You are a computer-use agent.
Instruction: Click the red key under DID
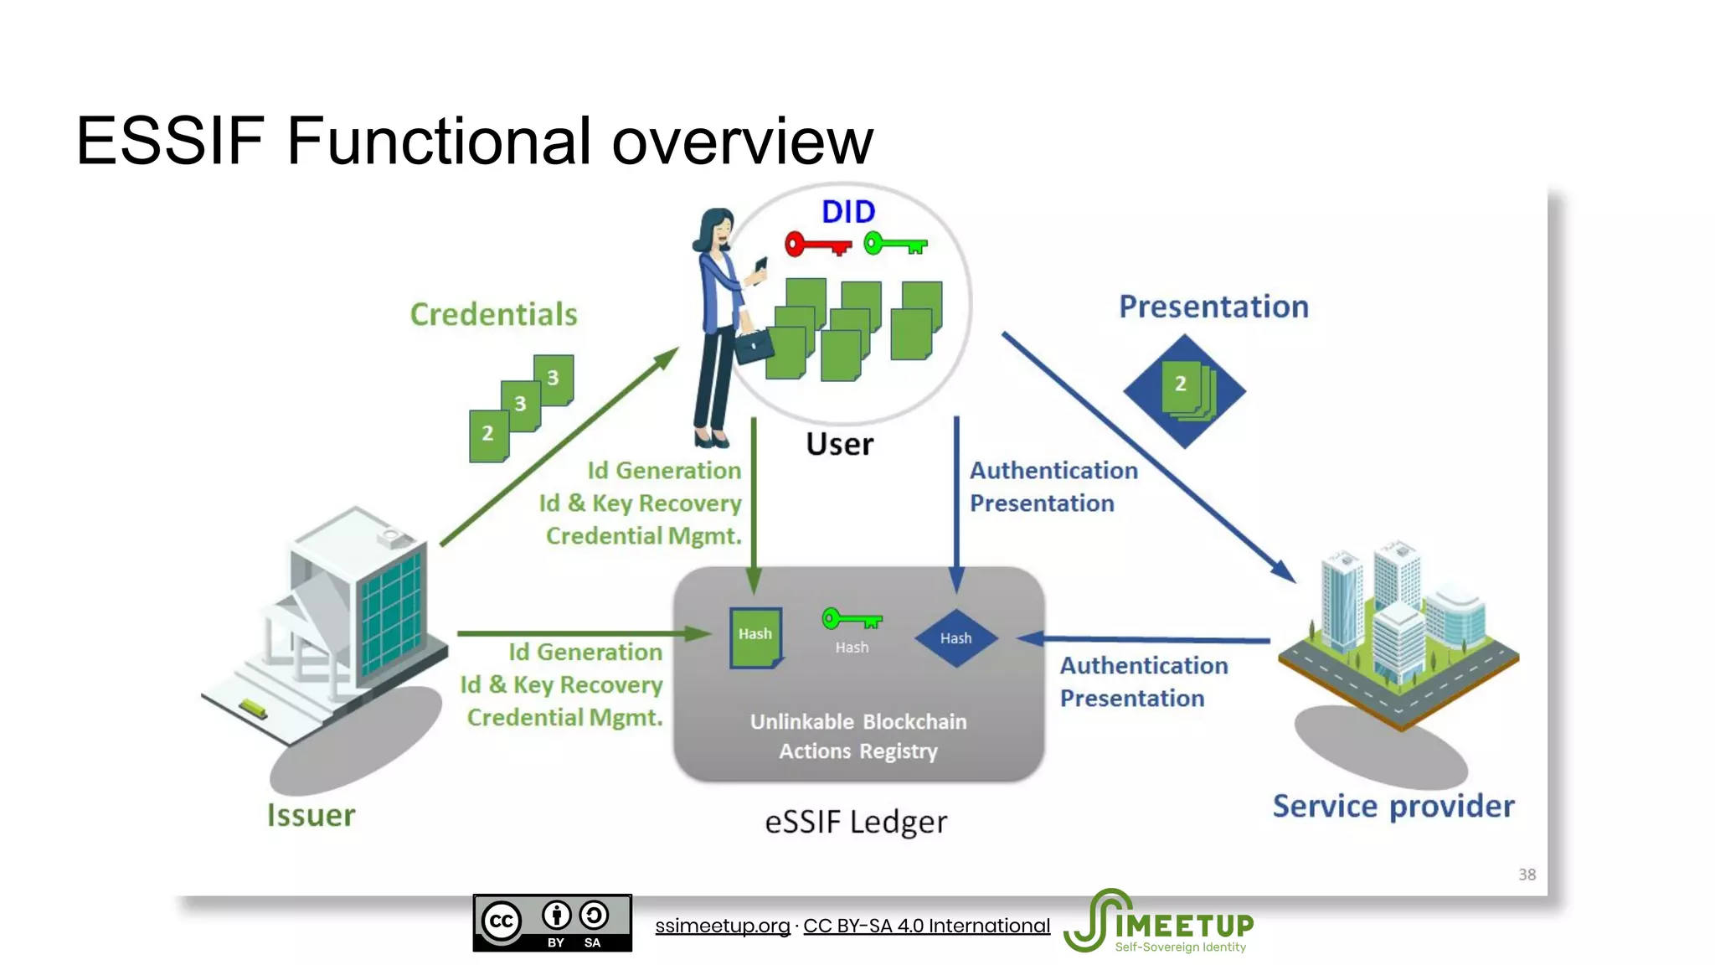point(816,245)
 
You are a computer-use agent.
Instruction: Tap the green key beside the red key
point(894,245)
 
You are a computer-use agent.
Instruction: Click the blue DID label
point(847,212)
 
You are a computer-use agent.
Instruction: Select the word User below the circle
point(839,444)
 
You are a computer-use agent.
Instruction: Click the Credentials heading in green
point(493,314)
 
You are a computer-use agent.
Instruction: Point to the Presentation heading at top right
point(1213,307)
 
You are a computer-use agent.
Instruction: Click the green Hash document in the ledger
point(755,637)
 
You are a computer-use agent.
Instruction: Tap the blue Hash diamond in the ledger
point(955,638)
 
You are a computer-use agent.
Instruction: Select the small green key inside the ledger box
point(851,620)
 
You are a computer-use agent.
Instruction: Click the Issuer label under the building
point(311,815)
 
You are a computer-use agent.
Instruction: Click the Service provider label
point(1393,806)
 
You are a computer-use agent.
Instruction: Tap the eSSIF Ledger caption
point(855,822)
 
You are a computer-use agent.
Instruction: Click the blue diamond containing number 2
point(1183,390)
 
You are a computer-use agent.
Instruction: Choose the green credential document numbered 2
point(488,435)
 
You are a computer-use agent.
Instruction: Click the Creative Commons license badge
point(552,922)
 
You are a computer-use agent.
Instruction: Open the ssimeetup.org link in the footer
point(722,926)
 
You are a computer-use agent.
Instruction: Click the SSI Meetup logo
point(1159,922)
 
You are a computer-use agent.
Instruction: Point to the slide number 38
point(1527,875)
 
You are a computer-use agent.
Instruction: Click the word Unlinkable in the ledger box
point(801,721)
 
